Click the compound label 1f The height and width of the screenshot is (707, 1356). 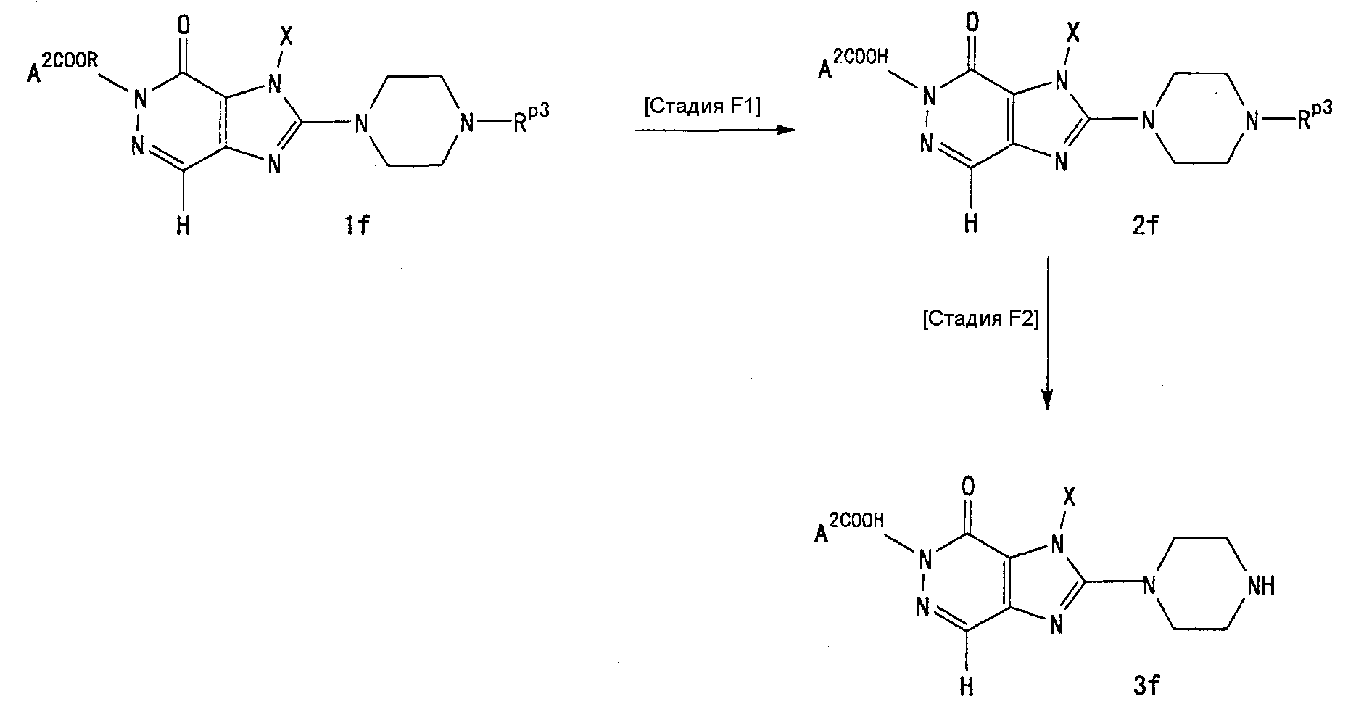pyautogui.click(x=357, y=226)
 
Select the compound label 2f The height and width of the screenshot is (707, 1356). pyautogui.click(x=1145, y=226)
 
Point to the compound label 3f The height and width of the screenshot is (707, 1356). pyautogui.click(x=1148, y=685)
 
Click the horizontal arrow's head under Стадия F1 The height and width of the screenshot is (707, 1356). pyautogui.click(x=786, y=130)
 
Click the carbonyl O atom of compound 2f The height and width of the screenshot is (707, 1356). pyautogui.click(x=972, y=23)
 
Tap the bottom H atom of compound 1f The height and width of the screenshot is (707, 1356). pyautogui.click(x=183, y=226)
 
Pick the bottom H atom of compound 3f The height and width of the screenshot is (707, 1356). pyautogui.click(x=967, y=685)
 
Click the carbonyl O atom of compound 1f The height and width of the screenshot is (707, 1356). pyautogui.click(x=184, y=27)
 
